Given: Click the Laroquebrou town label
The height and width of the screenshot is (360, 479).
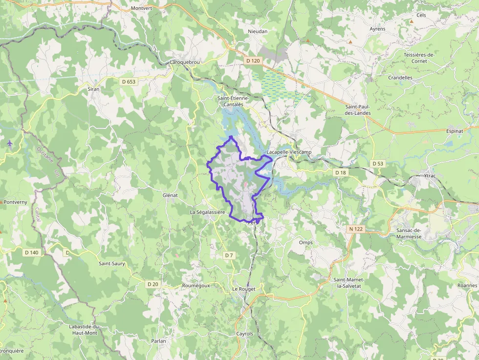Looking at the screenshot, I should pos(185,63).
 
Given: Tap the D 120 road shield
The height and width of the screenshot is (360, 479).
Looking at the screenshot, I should pos(253,61).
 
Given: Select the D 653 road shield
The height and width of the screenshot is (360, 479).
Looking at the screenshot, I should pos(129,82).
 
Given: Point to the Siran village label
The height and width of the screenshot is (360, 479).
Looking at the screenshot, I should pos(93,89).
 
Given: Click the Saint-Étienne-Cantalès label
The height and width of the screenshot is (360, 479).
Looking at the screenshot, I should pos(233,101).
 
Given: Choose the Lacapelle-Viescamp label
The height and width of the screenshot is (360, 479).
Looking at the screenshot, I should pos(289,152).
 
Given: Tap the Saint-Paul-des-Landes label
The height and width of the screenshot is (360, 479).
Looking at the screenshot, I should pos(358,110).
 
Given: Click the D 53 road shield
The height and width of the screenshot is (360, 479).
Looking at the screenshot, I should pos(377,163).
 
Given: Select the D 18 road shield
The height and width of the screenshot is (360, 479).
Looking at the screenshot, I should pos(340,172).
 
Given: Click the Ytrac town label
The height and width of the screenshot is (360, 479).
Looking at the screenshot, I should pos(430,175).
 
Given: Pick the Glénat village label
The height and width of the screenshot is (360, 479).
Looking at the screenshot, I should pos(170,195).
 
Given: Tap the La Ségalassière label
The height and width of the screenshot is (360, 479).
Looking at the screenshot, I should pos(207,212).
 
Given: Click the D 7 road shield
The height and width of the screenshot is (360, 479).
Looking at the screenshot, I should pos(229,255).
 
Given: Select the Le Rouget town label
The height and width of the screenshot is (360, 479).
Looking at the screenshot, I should pos(243,289).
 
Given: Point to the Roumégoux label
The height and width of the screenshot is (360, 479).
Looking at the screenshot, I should pos(196,285).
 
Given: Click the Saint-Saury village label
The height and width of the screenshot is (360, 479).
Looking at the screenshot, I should pos(112,264).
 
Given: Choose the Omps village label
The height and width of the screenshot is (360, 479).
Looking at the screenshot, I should pos(305,242).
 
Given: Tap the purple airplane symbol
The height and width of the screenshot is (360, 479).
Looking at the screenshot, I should pos(10,143).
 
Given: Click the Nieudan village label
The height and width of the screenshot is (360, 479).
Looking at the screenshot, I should pos(258,31).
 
